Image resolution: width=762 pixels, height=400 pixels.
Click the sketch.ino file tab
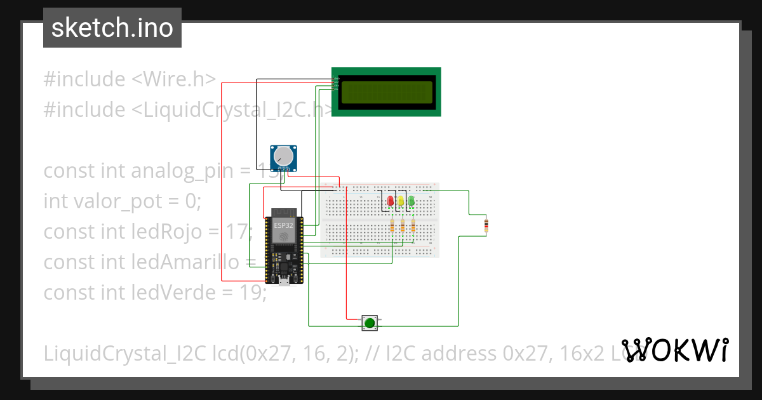(112, 29)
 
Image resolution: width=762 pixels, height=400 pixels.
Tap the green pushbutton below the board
(369, 323)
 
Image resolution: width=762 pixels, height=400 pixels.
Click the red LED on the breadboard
(390, 202)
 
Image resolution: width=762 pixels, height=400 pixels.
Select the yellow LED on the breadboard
(401, 202)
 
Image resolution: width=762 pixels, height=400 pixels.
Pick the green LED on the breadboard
(411, 202)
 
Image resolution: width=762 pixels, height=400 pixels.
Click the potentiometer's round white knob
(283, 156)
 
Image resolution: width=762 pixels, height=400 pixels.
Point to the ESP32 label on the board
(283, 225)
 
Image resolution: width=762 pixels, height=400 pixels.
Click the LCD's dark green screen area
(386, 93)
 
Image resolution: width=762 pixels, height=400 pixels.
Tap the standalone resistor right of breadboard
(487, 225)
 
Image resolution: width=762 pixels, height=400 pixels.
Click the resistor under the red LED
(392, 226)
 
